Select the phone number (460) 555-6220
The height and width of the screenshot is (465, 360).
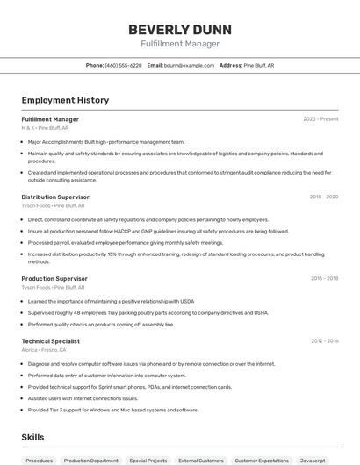(x=123, y=65)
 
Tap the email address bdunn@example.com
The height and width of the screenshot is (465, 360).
(x=189, y=65)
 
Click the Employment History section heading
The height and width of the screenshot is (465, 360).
(x=65, y=100)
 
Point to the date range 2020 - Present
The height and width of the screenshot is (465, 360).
(x=320, y=119)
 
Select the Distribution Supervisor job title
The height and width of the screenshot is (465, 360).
(x=55, y=197)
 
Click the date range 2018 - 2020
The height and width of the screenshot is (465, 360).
(x=324, y=197)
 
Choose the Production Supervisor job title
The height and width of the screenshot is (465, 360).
(x=54, y=278)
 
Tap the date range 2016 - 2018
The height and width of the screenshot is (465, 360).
(x=324, y=278)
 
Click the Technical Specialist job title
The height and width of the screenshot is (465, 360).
(x=51, y=341)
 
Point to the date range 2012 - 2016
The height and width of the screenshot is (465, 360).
(x=324, y=341)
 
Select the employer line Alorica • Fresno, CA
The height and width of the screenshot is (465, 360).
(x=44, y=349)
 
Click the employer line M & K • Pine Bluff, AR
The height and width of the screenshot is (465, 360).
(x=45, y=127)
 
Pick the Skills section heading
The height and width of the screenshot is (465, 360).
(x=33, y=436)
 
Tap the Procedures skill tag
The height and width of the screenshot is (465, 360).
(x=39, y=460)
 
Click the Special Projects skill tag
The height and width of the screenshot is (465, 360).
(x=148, y=460)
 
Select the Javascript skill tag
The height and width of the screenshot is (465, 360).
(x=313, y=460)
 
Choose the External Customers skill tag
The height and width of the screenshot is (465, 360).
(x=200, y=460)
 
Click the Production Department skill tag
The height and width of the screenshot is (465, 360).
(x=90, y=460)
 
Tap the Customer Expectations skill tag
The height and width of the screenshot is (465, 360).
(x=262, y=460)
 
